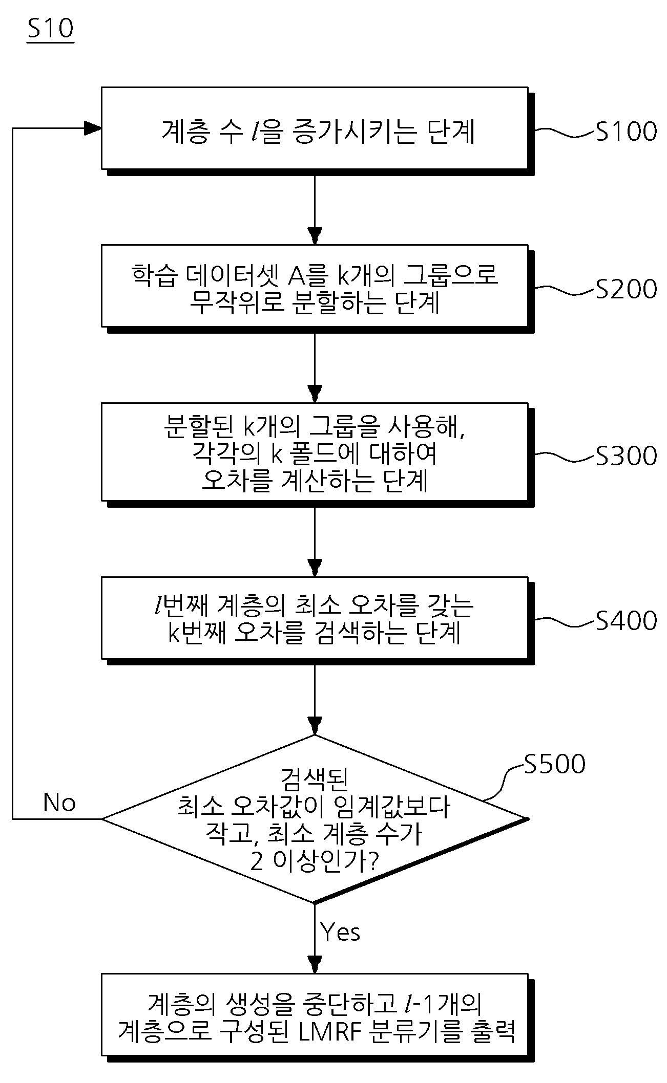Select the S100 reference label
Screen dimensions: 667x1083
(x=626, y=132)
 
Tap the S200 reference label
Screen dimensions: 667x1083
(x=626, y=289)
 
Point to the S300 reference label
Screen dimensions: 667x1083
(x=626, y=456)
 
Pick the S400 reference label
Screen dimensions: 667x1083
(x=626, y=621)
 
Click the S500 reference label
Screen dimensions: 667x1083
(x=554, y=764)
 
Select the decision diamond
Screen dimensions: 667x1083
(x=315, y=819)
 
